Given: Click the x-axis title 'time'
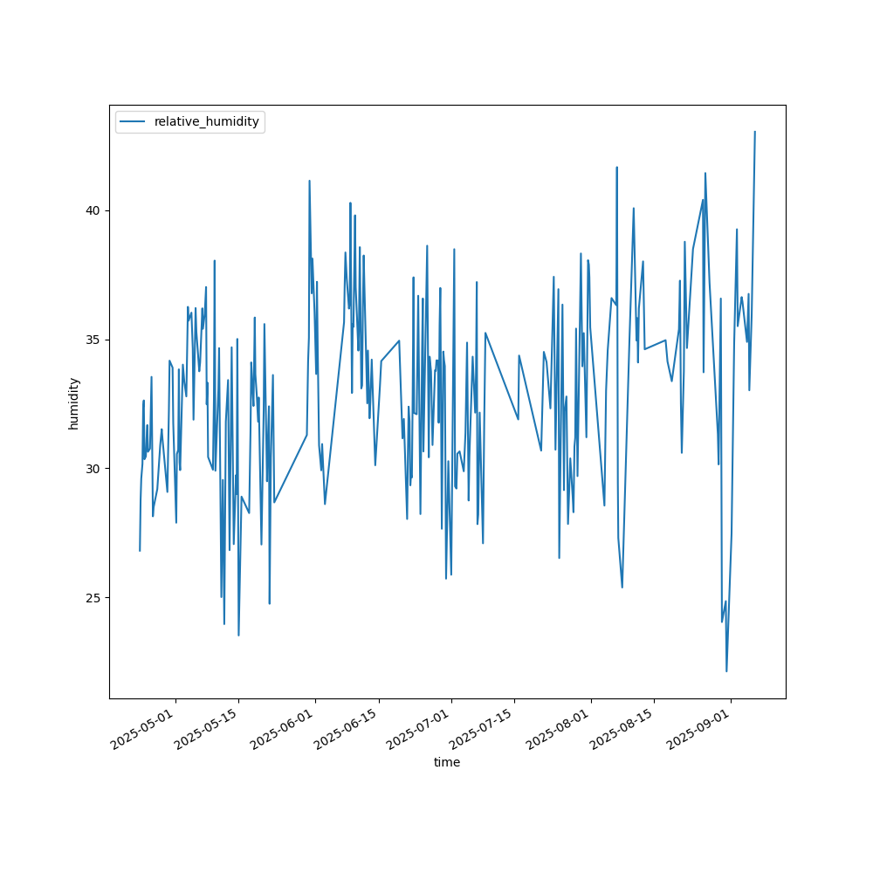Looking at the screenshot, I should (x=447, y=762).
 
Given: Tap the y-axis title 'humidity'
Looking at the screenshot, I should (x=73, y=402).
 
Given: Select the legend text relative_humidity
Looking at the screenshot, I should (x=207, y=122).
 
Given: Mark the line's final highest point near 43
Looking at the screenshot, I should (x=755, y=132).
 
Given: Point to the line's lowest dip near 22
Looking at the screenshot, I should (x=726, y=670).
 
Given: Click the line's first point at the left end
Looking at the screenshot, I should (x=140, y=550).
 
